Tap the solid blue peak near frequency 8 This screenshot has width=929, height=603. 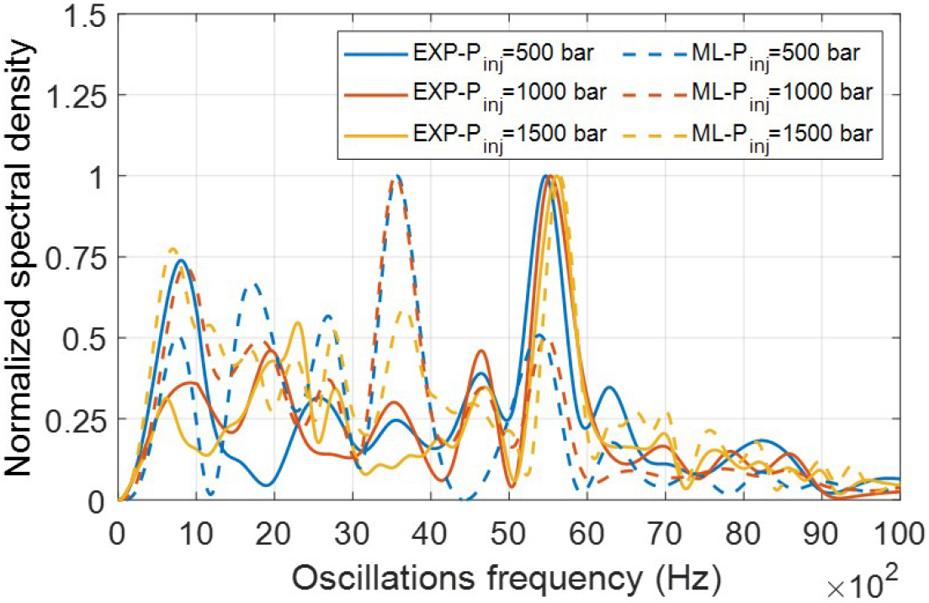tap(180, 260)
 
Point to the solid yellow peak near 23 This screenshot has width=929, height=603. tap(297, 323)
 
